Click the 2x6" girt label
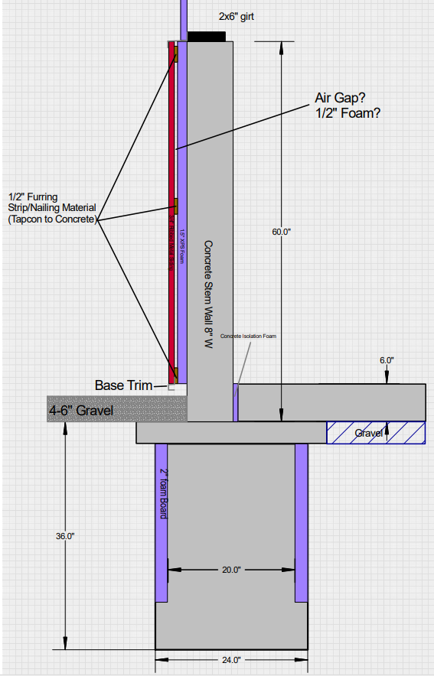pyautogui.click(x=237, y=16)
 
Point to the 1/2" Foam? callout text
pyautogui.click(x=348, y=113)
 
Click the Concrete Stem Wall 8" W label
pyautogui.click(x=207, y=294)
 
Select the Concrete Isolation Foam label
pyautogui.click(x=246, y=336)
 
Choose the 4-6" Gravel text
pyautogui.click(x=81, y=411)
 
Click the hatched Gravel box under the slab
pyautogui.click(x=376, y=433)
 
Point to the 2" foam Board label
pyautogui.click(x=163, y=494)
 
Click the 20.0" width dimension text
pyautogui.click(x=231, y=570)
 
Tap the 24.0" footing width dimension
pyautogui.click(x=231, y=659)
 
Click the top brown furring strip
pyautogui.click(x=175, y=55)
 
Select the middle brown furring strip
pyautogui.click(x=175, y=206)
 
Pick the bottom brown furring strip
pyautogui.click(x=175, y=374)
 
